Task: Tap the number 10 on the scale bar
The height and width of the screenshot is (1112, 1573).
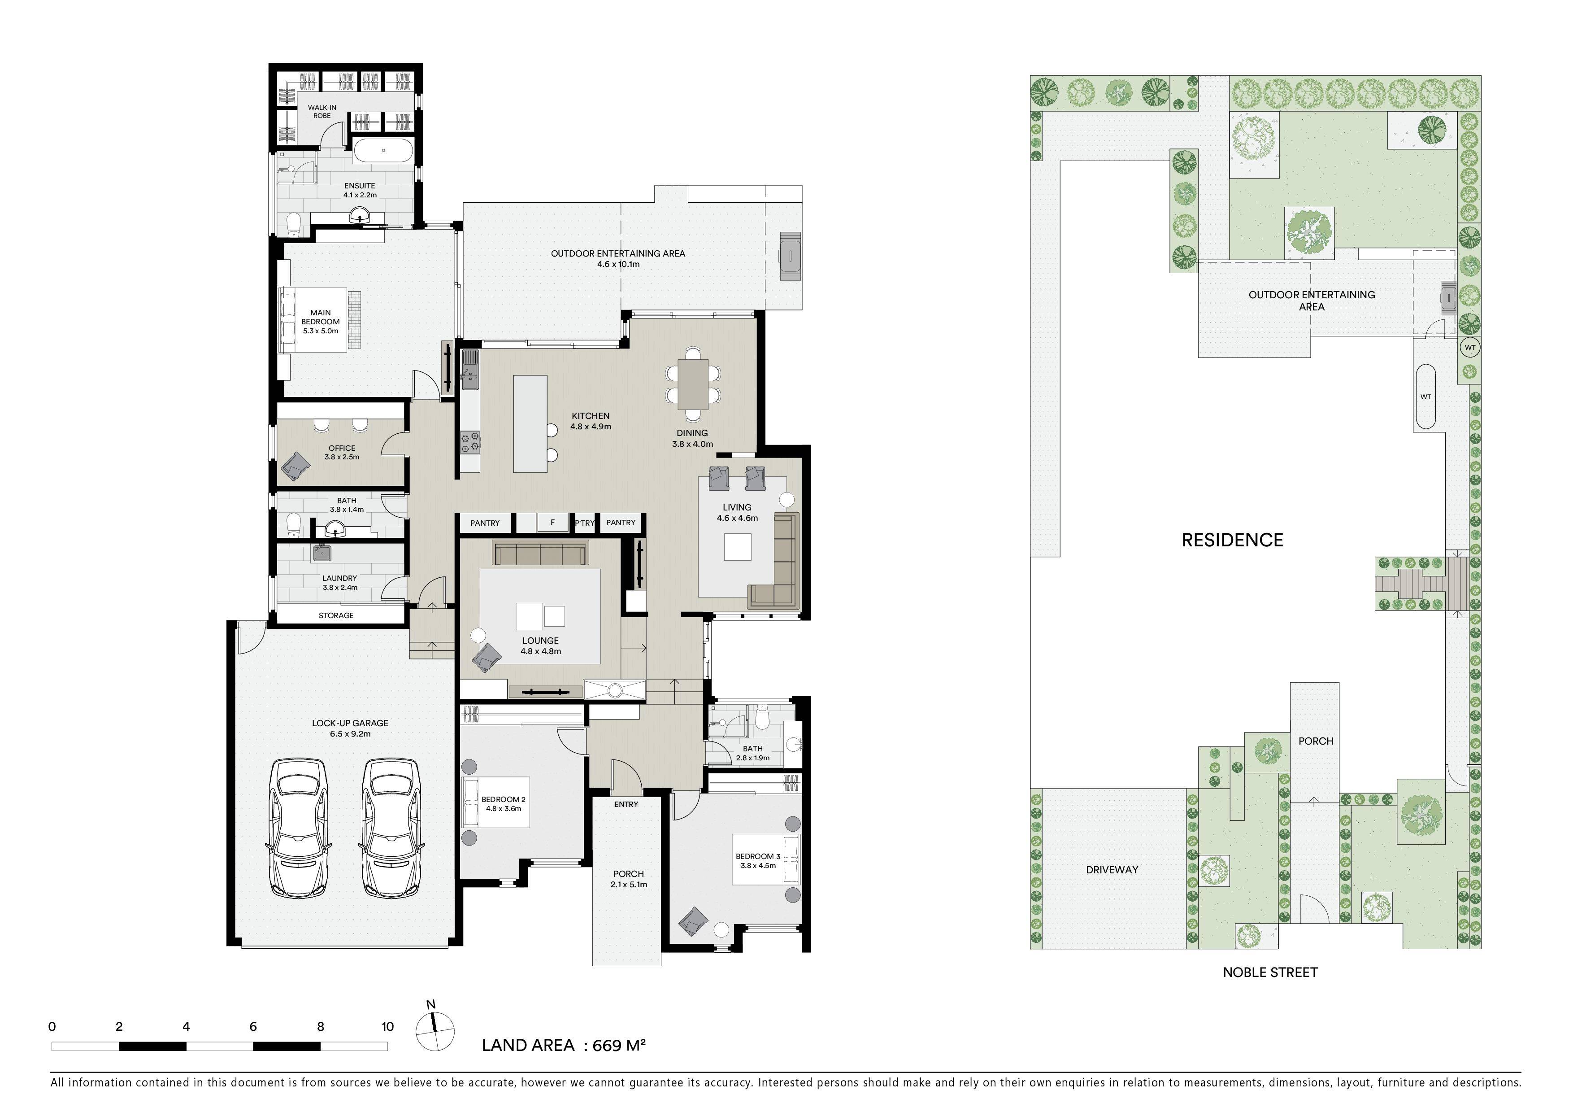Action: point(388,1026)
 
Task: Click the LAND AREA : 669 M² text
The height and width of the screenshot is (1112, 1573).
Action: point(564,1045)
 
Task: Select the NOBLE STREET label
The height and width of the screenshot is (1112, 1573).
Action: point(1270,972)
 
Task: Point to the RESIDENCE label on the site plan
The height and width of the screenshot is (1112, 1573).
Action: point(1233,540)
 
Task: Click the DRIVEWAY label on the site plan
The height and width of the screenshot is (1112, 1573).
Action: point(1112,869)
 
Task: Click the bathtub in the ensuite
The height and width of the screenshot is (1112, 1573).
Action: point(384,151)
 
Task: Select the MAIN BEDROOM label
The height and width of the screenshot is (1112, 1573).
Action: point(321,321)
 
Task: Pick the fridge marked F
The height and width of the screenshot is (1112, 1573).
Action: point(552,522)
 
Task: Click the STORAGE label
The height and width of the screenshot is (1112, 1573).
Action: point(336,615)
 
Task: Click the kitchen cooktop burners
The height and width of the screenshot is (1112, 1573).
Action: point(470,442)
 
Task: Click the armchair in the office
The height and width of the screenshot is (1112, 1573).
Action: point(296,466)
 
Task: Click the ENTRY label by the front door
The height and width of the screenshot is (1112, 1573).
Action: point(626,804)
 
